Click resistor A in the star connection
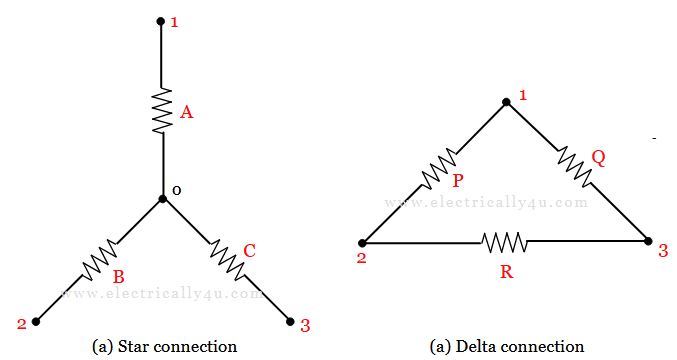point(162,112)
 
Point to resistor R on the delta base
point(504,242)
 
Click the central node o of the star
point(162,198)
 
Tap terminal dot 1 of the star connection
point(161,20)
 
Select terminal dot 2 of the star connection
point(36,321)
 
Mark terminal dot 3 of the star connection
point(290,321)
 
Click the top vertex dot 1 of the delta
point(506,101)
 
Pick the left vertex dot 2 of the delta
point(362,242)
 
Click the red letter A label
point(186,113)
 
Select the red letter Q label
point(598,157)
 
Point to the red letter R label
point(506,271)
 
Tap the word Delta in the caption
point(476,347)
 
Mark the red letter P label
point(457,181)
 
